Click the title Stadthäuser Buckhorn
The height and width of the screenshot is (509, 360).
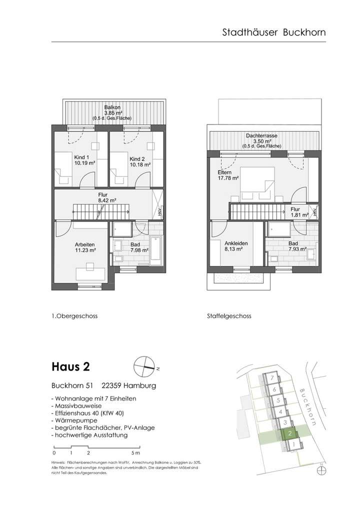pyautogui.click(x=273, y=32)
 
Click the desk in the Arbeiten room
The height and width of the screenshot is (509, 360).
pyautogui.click(x=90, y=274)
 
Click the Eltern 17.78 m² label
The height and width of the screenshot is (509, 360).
pyautogui.click(x=227, y=174)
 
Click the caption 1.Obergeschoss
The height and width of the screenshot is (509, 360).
pyautogui.click(x=74, y=316)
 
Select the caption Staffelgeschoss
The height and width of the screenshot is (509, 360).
pyautogui.click(x=228, y=316)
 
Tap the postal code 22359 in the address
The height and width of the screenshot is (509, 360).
pyautogui.click(x=113, y=385)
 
